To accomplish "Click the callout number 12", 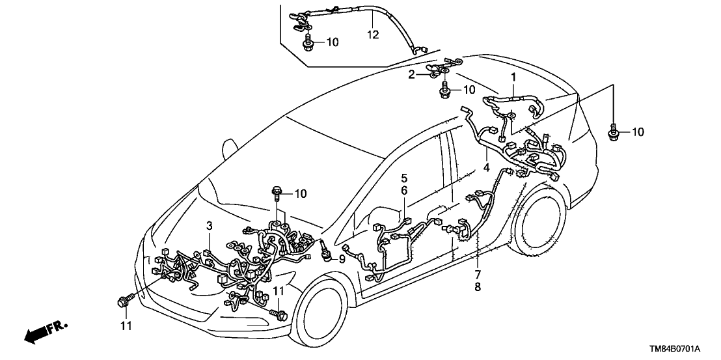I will (372, 33).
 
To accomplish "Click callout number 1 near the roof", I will (513, 77).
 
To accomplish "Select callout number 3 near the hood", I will (209, 226).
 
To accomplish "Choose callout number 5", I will (403, 177).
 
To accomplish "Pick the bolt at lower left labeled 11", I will (123, 300).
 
